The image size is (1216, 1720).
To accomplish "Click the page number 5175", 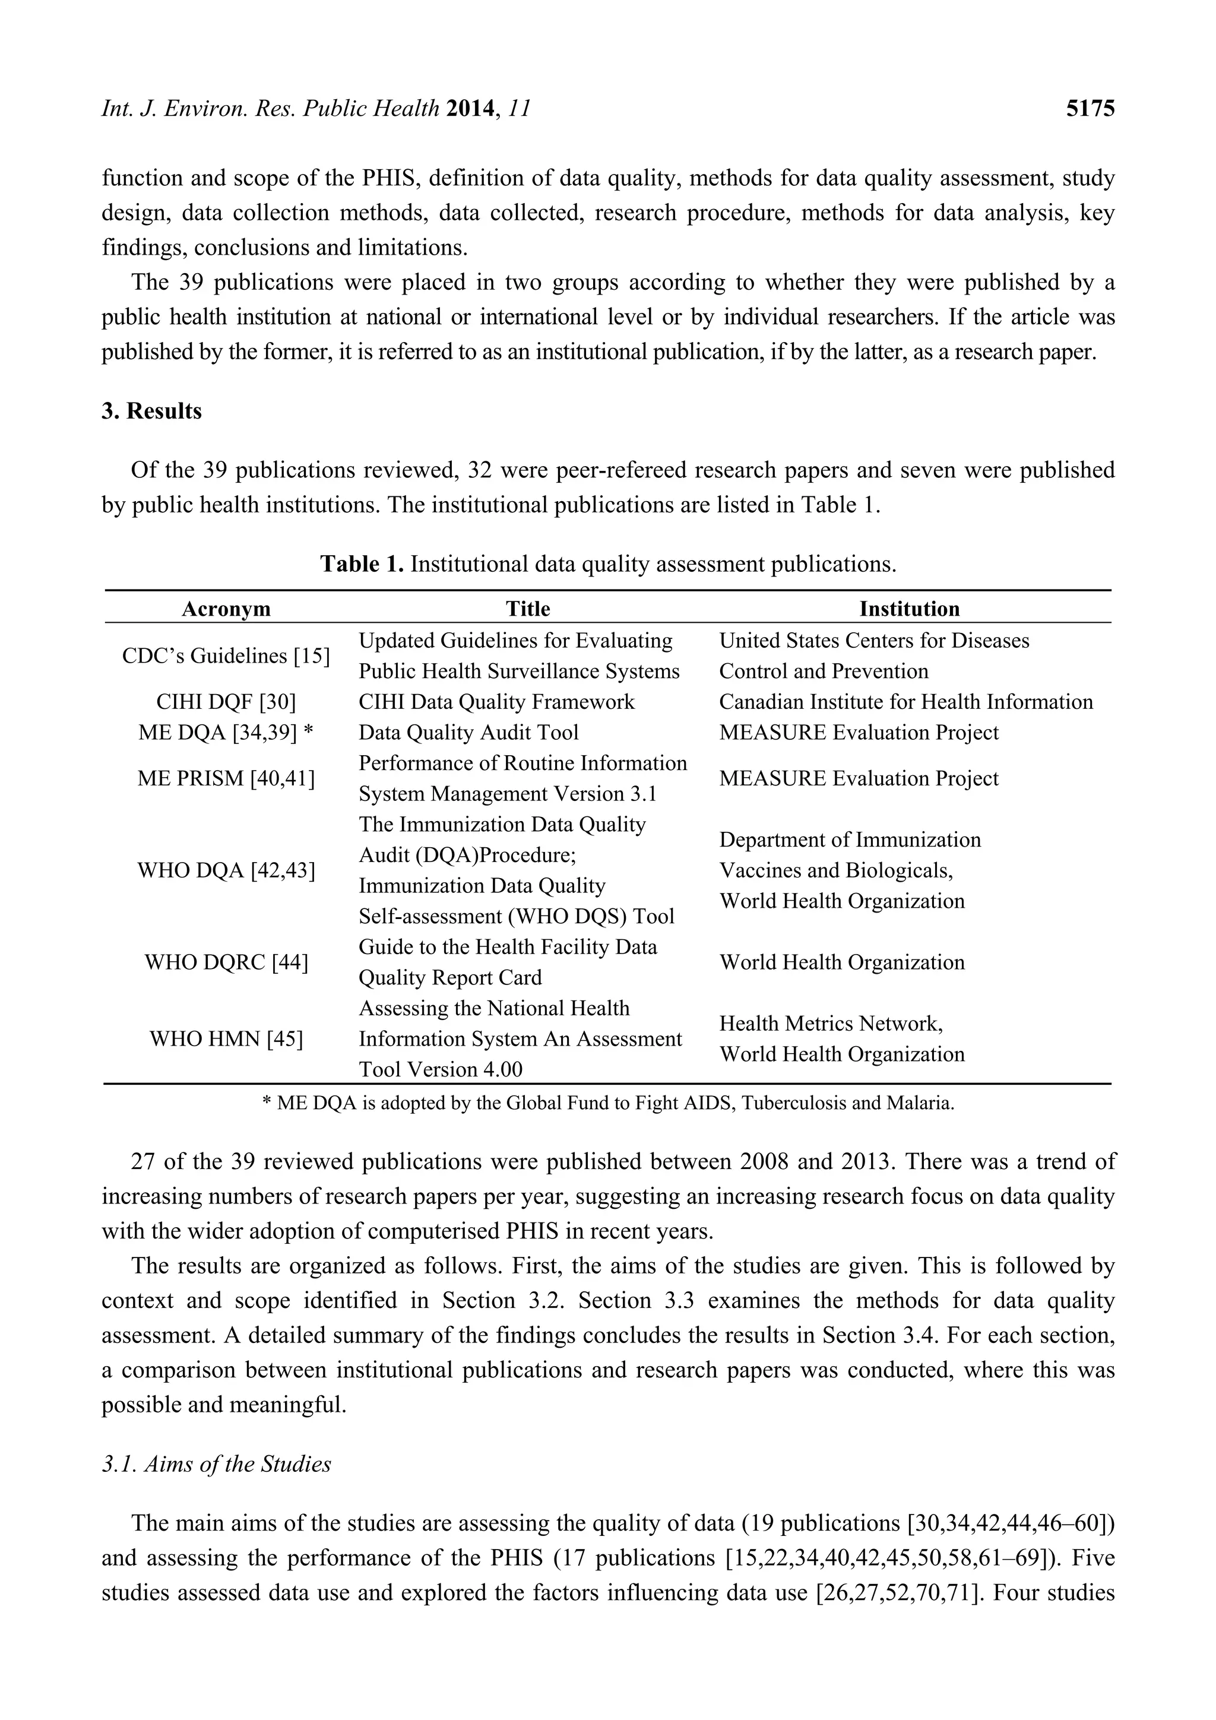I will tap(1090, 109).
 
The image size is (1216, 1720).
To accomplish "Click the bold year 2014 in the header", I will tap(472, 109).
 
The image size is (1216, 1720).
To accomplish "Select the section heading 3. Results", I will tap(152, 411).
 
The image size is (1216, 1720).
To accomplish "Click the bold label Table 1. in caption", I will tap(362, 563).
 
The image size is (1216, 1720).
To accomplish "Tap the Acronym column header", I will tap(226, 609).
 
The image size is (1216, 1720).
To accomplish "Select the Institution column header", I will tap(909, 609).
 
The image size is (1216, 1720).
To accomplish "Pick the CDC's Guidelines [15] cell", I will tap(226, 656).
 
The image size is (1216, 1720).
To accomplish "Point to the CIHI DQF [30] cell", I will tap(226, 702).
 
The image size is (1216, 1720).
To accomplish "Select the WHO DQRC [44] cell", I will tap(226, 962).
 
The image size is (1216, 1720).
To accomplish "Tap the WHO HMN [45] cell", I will tap(226, 1039).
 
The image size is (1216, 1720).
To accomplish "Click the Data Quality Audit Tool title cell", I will tap(469, 733).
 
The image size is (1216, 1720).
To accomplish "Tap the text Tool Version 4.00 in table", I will tap(441, 1069).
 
